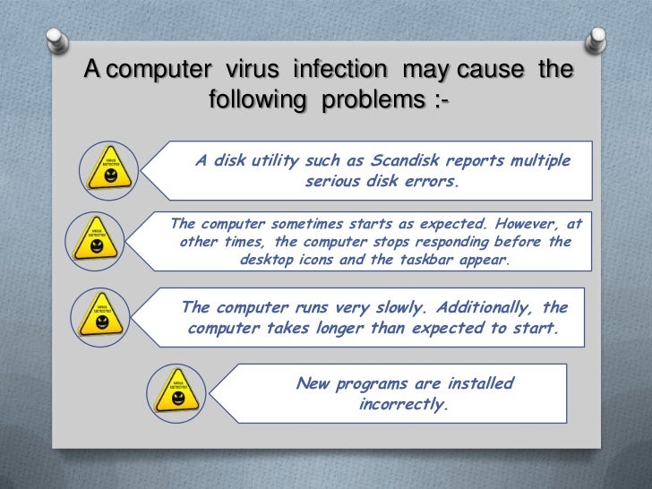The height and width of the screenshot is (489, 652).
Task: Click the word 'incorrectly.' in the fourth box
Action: (x=402, y=404)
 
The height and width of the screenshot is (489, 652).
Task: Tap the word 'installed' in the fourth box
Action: (x=479, y=384)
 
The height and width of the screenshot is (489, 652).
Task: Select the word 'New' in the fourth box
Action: (x=313, y=384)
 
